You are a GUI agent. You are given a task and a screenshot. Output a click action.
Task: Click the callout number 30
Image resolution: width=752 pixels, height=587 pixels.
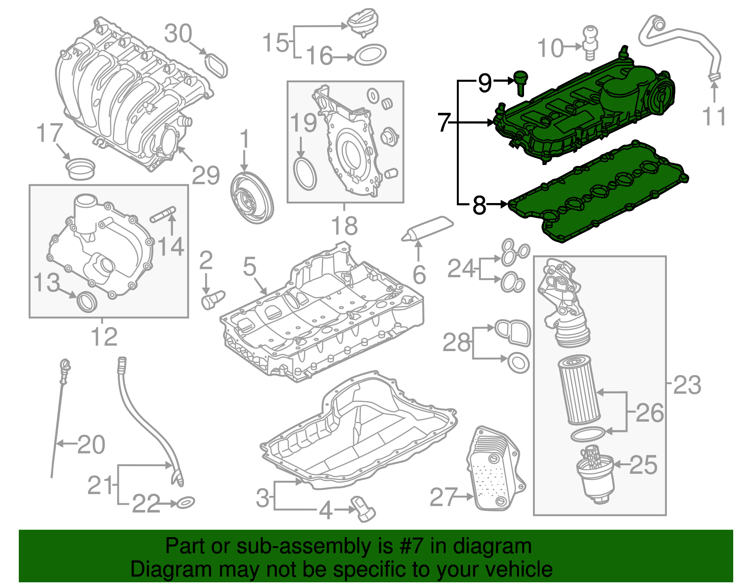pos(178,34)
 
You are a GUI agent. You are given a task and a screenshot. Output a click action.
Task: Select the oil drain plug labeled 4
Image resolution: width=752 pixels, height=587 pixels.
pos(364,509)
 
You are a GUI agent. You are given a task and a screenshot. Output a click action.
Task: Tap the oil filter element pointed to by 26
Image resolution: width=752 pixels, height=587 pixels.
pos(579,390)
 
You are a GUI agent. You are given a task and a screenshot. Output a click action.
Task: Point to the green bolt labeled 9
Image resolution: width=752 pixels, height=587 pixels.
pos(520,82)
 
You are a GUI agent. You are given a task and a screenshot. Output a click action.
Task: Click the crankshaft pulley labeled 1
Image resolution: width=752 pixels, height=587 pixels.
pos(252,198)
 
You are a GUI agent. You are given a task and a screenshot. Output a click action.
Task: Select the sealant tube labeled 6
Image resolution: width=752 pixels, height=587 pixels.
pos(428,229)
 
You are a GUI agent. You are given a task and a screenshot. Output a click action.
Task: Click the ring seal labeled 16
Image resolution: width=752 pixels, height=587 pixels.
pos(370,55)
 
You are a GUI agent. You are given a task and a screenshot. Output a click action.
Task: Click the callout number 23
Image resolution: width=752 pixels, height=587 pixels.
pos(687,385)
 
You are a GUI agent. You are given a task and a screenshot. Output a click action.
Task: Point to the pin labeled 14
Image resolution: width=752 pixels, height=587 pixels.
pos(163,214)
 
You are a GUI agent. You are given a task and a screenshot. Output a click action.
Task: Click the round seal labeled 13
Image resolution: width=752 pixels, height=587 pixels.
pos(86,301)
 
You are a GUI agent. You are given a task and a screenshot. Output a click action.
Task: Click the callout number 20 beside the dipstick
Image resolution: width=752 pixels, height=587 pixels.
pos(91,445)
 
